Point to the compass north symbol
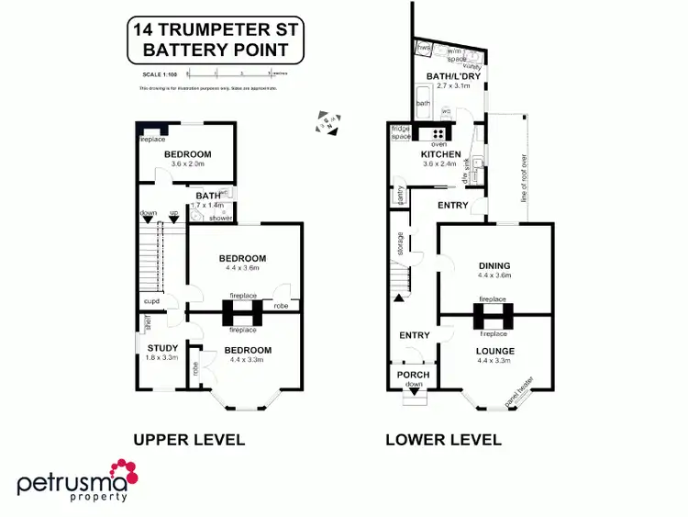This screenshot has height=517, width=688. click(329, 120)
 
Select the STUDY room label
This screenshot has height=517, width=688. click(162, 347)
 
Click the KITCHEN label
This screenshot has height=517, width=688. click(427, 154)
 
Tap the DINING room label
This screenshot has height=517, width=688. click(494, 266)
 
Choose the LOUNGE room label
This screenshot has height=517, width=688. click(494, 351)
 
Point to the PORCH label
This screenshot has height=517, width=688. click(414, 375)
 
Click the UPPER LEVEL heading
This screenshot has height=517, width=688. click(189, 440)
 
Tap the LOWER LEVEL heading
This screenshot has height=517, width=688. click(443, 440)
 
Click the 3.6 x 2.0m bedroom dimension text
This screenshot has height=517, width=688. click(187, 164)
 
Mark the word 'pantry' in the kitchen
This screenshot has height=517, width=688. click(401, 196)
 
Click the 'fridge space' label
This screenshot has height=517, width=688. click(400, 132)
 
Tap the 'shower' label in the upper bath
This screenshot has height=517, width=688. click(221, 218)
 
